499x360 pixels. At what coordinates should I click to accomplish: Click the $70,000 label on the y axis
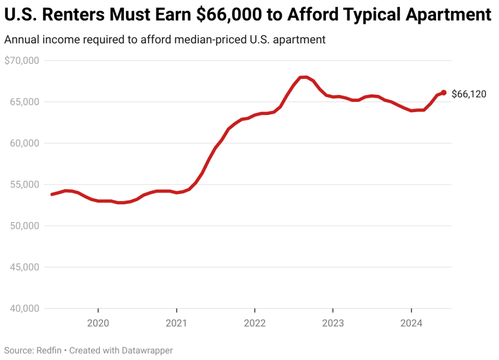tap(21, 61)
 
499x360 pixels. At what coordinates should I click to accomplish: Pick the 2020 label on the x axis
tap(98, 323)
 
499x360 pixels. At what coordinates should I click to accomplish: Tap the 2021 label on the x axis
tap(176, 323)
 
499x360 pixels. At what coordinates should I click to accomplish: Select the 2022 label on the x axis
tap(254, 323)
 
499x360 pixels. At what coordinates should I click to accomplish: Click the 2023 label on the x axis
tap(333, 323)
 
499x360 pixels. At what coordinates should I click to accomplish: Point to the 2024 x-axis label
tap(411, 323)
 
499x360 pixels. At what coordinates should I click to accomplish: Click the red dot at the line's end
tap(443, 93)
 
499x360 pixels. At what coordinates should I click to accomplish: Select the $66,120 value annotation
tap(469, 95)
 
